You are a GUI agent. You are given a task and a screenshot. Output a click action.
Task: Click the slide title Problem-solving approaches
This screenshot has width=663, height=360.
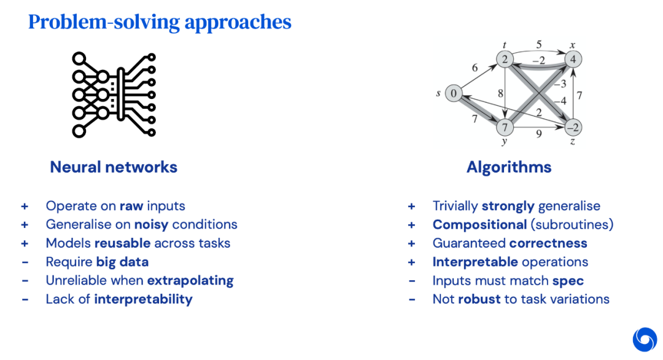click(x=160, y=22)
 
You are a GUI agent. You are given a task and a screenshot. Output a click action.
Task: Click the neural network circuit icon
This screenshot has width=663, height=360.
click(x=114, y=95)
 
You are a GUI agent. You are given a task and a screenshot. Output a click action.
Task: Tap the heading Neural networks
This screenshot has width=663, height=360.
click(x=114, y=167)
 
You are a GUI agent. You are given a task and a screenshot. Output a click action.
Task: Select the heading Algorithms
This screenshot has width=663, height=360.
click(x=509, y=167)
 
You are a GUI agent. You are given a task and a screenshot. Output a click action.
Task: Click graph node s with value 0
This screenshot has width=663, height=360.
click(x=453, y=93)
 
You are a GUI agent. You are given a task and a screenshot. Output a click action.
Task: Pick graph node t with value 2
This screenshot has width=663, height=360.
click(x=504, y=59)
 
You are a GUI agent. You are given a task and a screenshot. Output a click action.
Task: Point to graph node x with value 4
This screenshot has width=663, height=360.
click(x=573, y=59)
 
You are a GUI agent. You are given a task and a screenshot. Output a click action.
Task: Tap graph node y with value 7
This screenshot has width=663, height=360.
click(x=504, y=128)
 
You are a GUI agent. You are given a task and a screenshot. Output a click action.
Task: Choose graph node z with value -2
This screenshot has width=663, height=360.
click(x=573, y=128)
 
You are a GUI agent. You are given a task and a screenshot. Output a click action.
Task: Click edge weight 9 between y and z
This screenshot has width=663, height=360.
click(x=538, y=133)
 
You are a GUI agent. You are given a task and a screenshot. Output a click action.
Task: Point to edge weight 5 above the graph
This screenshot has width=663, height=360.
click(x=538, y=44)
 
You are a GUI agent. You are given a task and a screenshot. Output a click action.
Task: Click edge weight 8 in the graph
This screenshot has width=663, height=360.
click(x=500, y=93)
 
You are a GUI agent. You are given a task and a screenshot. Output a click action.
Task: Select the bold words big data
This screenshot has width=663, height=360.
click(x=122, y=262)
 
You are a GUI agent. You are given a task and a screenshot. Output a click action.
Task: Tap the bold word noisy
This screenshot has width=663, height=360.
click(x=152, y=224)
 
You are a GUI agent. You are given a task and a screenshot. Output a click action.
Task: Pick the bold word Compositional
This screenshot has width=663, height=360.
click(x=479, y=224)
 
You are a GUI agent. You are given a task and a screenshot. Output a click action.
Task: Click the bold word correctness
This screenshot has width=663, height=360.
click(x=548, y=243)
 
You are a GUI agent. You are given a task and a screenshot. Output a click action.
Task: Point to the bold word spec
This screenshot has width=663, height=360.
click(x=567, y=280)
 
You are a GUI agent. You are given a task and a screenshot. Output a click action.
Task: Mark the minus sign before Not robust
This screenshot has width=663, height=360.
click(x=412, y=299)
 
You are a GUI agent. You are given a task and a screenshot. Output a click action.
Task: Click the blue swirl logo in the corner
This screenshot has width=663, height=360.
click(x=644, y=340)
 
